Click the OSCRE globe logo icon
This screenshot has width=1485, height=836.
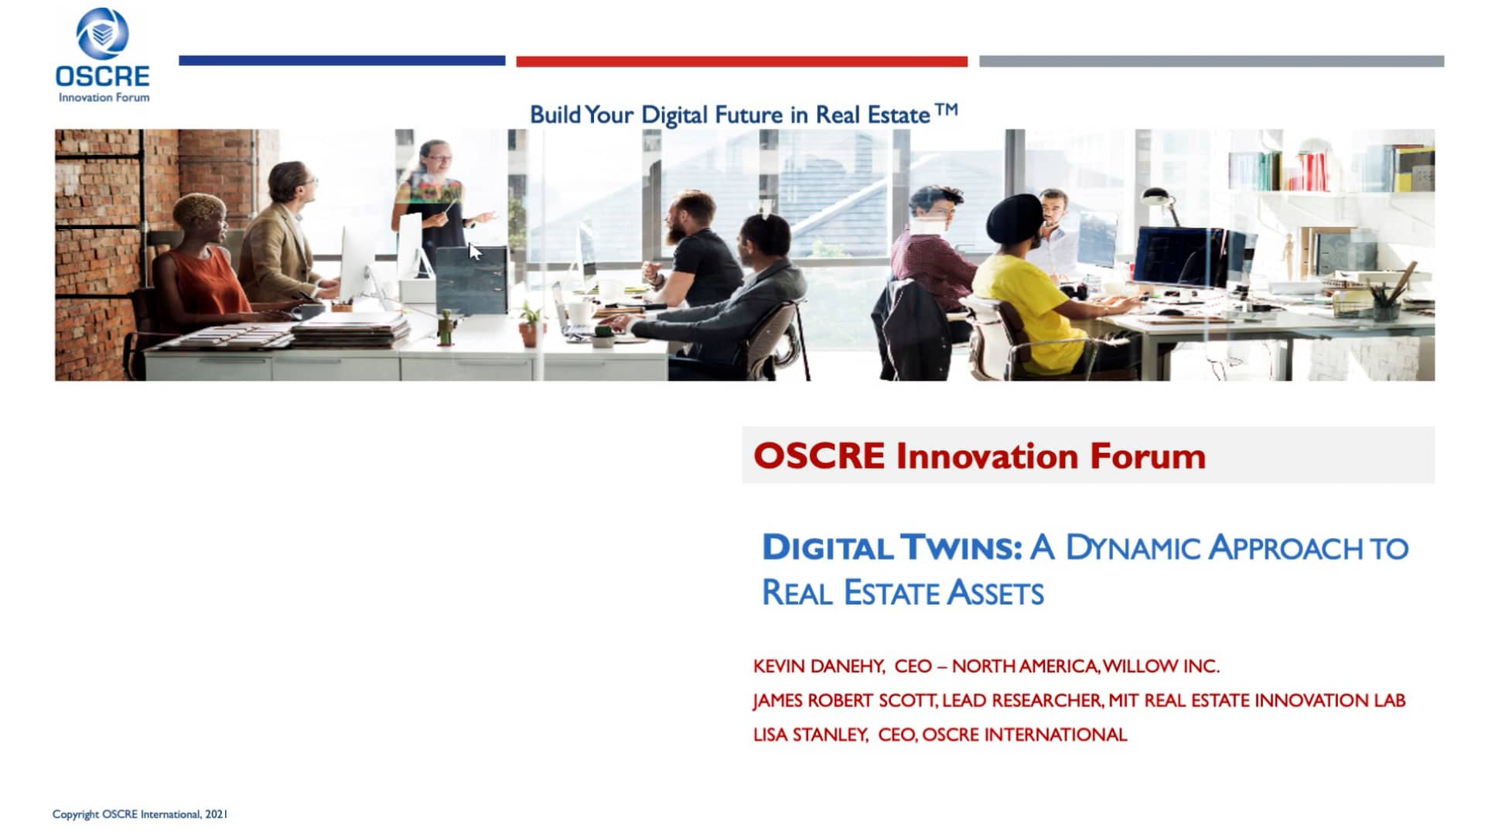(x=102, y=33)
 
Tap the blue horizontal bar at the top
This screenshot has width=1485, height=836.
(x=342, y=60)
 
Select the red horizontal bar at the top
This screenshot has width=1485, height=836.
(x=742, y=61)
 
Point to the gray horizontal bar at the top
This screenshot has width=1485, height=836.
(x=1211, y=61)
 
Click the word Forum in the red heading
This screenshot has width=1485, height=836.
(x=1148, y=456)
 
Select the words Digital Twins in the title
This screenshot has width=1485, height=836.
(x=893, y=547)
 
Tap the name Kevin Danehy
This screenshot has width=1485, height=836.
(x=819, y=666)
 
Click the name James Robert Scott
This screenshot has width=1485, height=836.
(x=845, y=701)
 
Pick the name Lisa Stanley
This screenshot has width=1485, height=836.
(x=811, y=735)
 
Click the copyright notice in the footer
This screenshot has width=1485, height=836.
(x=140, y=814)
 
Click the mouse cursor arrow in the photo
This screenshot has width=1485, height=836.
(x=475, y=252)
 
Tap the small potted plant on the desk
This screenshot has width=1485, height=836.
(x=531, y=324)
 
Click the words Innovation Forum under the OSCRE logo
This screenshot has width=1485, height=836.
(x=104, y=98)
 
